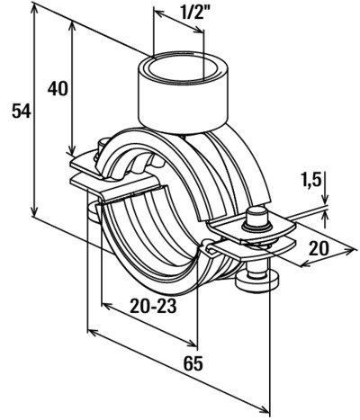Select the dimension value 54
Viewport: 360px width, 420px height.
click(22, 112)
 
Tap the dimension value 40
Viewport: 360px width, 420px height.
click(58, 89)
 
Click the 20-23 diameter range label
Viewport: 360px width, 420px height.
click(153, 307)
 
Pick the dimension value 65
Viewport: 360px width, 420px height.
click(193, 364)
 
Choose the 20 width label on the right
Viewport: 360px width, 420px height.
click(319, 249)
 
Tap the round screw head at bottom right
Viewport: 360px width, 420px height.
click(257, 282)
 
